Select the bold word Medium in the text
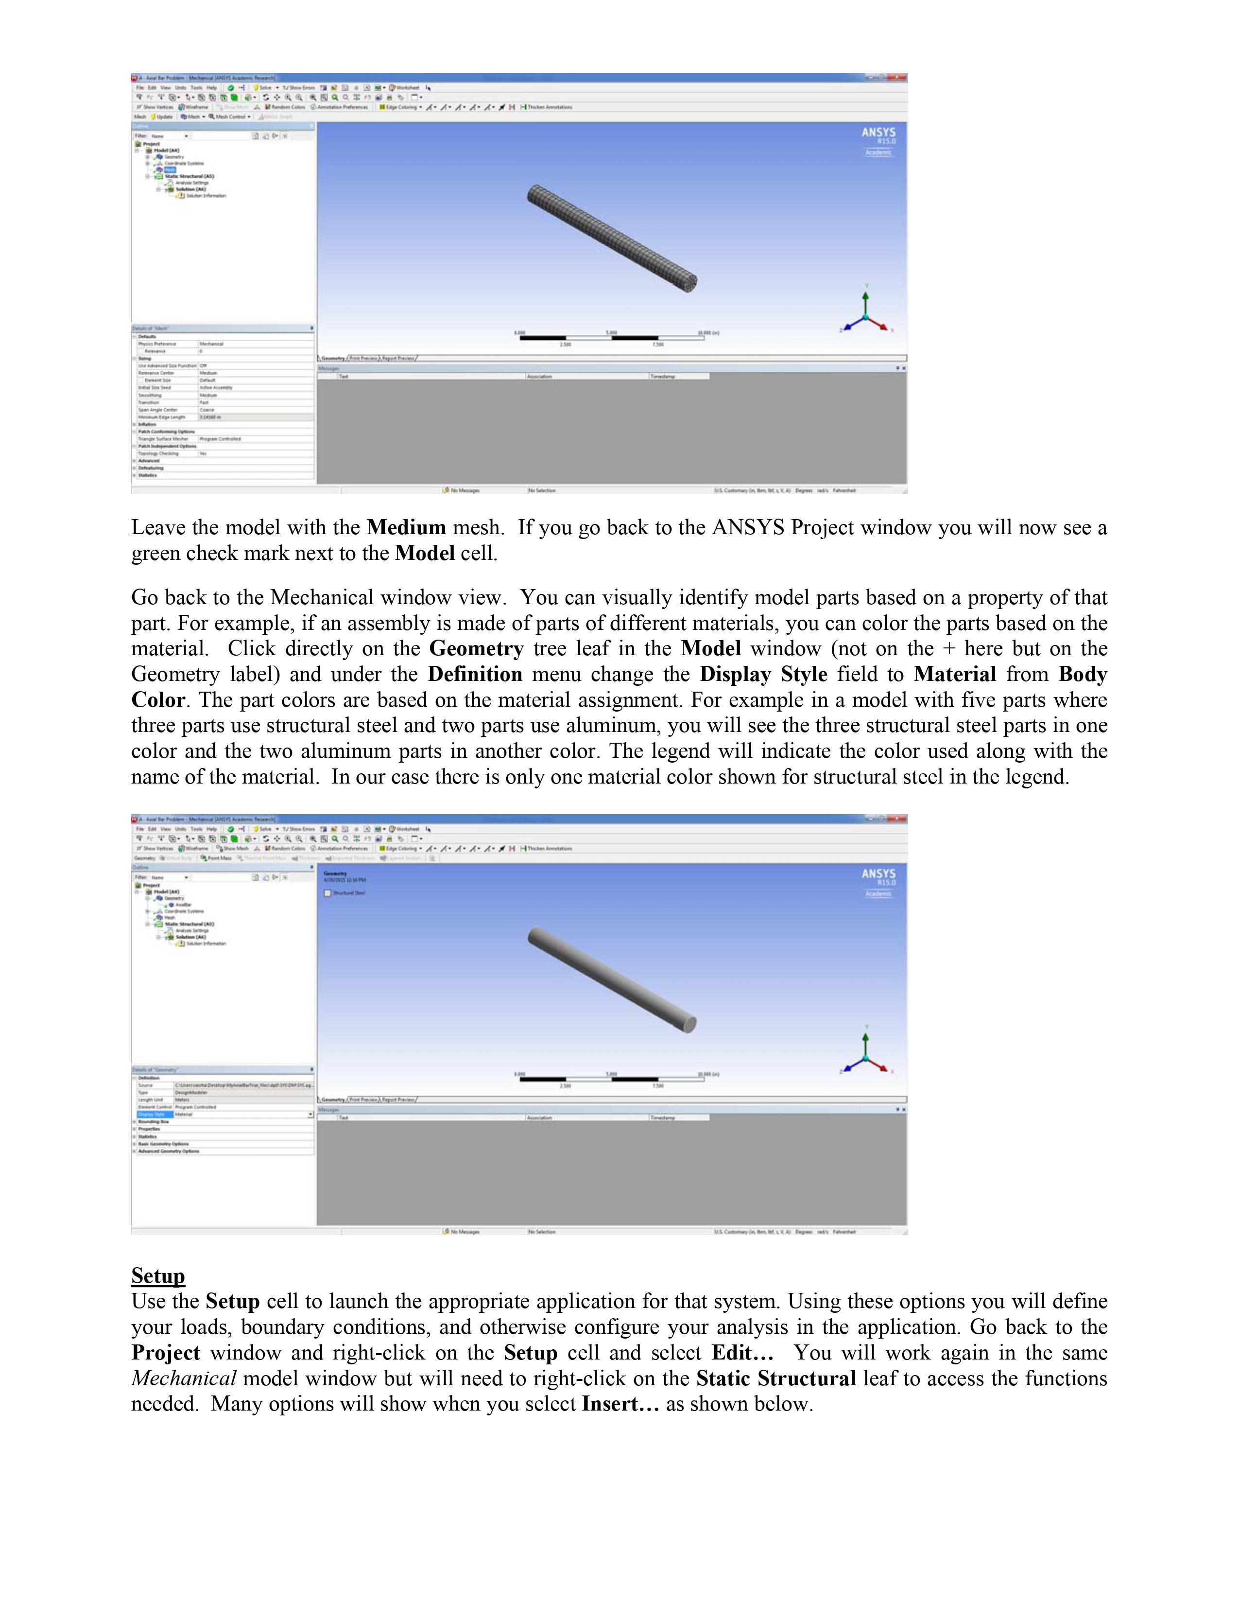coord(406,527)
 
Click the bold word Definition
coord(475,674)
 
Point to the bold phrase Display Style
coord(763,674)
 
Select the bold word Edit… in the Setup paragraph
coord(742,1353)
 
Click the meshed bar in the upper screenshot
coord(611,239)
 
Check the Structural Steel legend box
coord(328,893)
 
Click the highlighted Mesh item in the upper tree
coord(170,170)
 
